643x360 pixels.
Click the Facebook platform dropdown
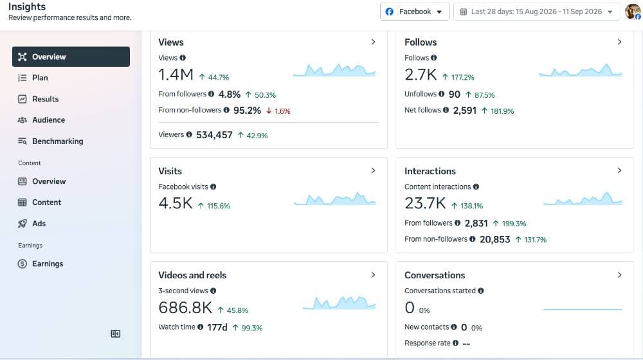(x=414, y=12)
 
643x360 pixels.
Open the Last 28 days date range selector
(x=536, y=12)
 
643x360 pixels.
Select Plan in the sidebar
(x=40, y=78)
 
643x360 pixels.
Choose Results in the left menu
(x=45, y=99)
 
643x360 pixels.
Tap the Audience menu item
(x=48, y=120)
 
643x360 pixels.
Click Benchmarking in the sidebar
(x=57, y=141)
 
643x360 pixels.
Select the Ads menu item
(x=39, y=224)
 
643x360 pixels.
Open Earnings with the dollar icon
(x=48, y=264)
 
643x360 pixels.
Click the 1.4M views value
(x=176, y=75)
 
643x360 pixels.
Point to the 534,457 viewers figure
(x=214, y=135)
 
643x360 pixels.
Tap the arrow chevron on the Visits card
(x=373, y=170)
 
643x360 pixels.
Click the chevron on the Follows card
(x=619, y=42)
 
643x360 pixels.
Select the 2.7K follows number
(x=421, y=75)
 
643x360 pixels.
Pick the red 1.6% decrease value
(x=282, y=111)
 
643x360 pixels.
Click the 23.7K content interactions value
(x=425, y=203)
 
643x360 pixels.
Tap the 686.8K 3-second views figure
(x=185, y=307)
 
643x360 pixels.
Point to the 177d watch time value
(x=217, y=327)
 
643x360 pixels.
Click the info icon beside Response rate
(x=455, y=343)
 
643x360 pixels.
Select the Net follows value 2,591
(x=465, y=111)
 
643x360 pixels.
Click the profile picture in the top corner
(x=633, y=12)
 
